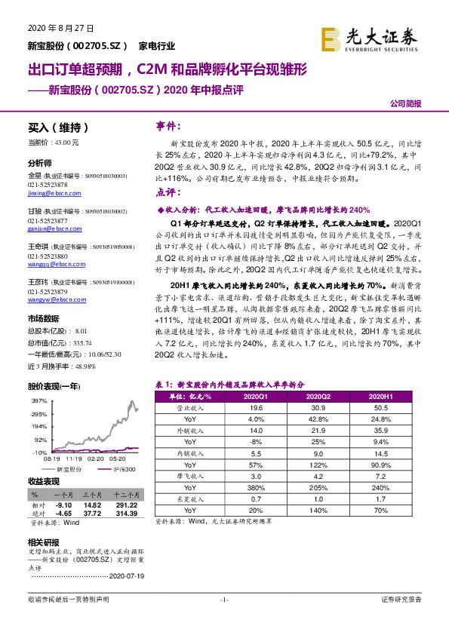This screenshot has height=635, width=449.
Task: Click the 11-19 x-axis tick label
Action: click(x=74, y=458)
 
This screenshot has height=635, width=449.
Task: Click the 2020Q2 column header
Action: click(x=318, y=394)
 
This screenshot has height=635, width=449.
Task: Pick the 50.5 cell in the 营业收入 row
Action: click(x=382, y=407)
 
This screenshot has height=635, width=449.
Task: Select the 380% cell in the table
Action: click(x=255, y=487)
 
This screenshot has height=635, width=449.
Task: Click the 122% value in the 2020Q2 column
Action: click(x=318, y=464)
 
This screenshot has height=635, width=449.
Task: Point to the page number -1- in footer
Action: click(x=223, y=600)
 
